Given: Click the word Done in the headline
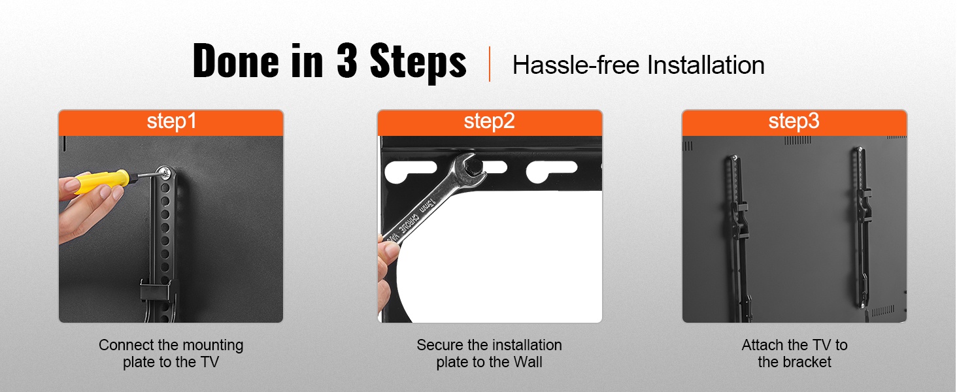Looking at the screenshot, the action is [236, 61].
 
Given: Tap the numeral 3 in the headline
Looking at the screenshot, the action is [346, 61].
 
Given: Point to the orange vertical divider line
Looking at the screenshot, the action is [489, 64].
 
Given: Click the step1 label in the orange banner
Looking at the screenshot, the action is [171, 122].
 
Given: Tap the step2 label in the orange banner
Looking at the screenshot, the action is [489, 122].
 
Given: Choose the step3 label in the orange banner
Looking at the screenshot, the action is [794, 122].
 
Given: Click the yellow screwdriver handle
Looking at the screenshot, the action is [102, 181].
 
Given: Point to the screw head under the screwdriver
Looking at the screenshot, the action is [163, 173].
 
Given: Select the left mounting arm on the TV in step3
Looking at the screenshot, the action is [738, 238].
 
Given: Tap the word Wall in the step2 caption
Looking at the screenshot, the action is [528, 362].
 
